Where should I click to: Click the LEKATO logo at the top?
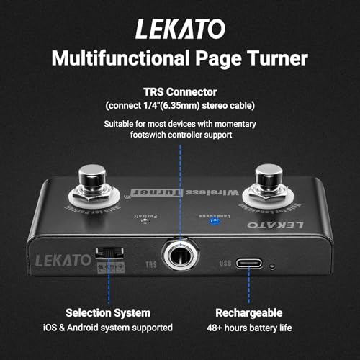(x=179, y=28)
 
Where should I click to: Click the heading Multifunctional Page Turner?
(x=179, y=57)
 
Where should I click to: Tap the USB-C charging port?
(x=246, y=264)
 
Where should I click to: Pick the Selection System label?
(x=108, y=313)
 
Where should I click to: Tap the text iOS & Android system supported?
(x=108, y=328)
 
